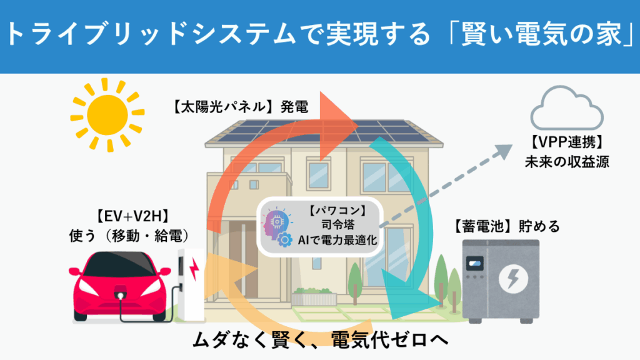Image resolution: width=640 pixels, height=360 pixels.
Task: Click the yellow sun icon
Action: tap(107, 115)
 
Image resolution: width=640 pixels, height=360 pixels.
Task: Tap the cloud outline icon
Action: tap(566, 107)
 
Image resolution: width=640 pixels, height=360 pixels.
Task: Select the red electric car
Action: tap(120, 286)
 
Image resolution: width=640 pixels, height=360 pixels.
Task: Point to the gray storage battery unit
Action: tap(501, 281)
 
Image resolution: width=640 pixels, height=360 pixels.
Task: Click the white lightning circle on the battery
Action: tap(513, 279)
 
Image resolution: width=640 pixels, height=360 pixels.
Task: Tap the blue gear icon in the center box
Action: tap(284, 239)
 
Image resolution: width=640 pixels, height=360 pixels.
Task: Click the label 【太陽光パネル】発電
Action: tap(240, 107)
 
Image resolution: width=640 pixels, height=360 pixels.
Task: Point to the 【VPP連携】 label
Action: tap(566, 142)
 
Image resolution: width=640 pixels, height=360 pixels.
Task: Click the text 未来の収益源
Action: tap(566, 162)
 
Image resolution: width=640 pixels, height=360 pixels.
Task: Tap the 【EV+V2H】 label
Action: tap(132, 216)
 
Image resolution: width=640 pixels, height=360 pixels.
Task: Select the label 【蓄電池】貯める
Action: tap(506, 226)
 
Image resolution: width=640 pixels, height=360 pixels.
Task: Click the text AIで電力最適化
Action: tap(337, 239)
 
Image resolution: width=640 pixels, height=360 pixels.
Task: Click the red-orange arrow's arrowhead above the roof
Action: tap(337, 124)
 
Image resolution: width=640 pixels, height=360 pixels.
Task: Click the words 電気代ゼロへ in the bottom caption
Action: tap(389, 339)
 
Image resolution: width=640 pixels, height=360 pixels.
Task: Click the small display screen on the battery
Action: tap(475, 263)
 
